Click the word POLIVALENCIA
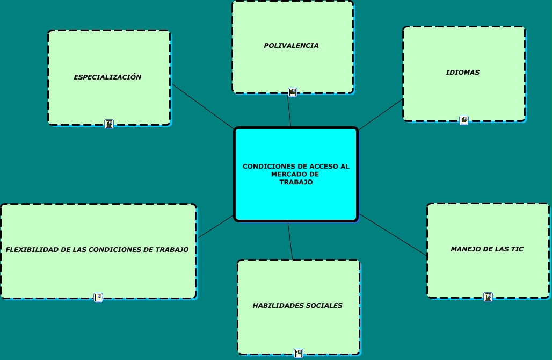pyautogui.click(x=291, y=46)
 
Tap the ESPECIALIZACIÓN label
pyautogui.click(x=107, y=77)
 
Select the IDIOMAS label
pyautogui.click(x=462, y=72)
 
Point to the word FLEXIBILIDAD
pyautogui.click(x=30, y=250)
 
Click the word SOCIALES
pyautogui.click(x=324, y=306)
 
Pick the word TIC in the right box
pyautogui.click(x=517, y=249)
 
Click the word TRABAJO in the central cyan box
pyautogui.click(x=296, y=182)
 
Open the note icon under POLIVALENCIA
pyautogui.click(x=293, y=92)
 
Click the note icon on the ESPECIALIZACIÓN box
pyautogui.click(x=109, y=124)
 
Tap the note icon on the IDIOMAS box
pyautogui.click(x=464, y=120)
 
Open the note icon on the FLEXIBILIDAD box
pyautogui.click(x=98, y=297)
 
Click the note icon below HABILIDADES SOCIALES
pyautogui.click(x=299, y=353)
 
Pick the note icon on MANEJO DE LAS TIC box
pyautogui.click(x=488, y=297)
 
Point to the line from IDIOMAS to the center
pyautogui.click(x=380, y=114)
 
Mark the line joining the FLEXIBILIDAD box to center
pyautogui.click(x=216, y=227)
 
